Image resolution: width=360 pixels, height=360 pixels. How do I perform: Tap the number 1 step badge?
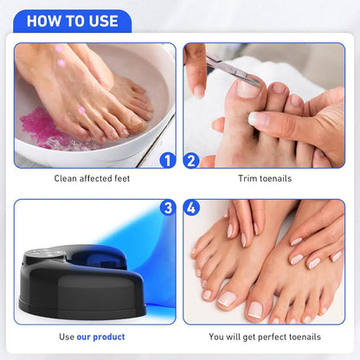point(167,160)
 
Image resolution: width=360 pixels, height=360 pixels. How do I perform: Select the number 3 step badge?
point(167,209)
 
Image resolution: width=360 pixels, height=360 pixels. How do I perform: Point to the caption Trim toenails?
point(265,179)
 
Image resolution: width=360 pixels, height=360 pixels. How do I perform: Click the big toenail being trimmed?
point(248,87)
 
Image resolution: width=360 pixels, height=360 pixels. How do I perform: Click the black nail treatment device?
point(82,277)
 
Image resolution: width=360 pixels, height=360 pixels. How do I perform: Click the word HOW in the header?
point(43,21)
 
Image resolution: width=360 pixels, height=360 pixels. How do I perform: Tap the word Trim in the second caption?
point(247,179)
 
